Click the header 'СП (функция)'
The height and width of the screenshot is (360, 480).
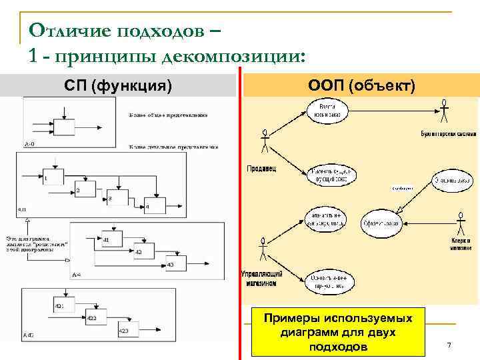click(x=118, y=85)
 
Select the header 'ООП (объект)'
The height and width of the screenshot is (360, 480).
click(x=361, y=85)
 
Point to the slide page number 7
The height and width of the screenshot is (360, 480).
click(x=449, y=345)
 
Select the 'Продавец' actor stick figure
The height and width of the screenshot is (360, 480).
click(x=265, y=141)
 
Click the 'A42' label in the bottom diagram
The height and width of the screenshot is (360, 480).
click(x=28, y=334)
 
